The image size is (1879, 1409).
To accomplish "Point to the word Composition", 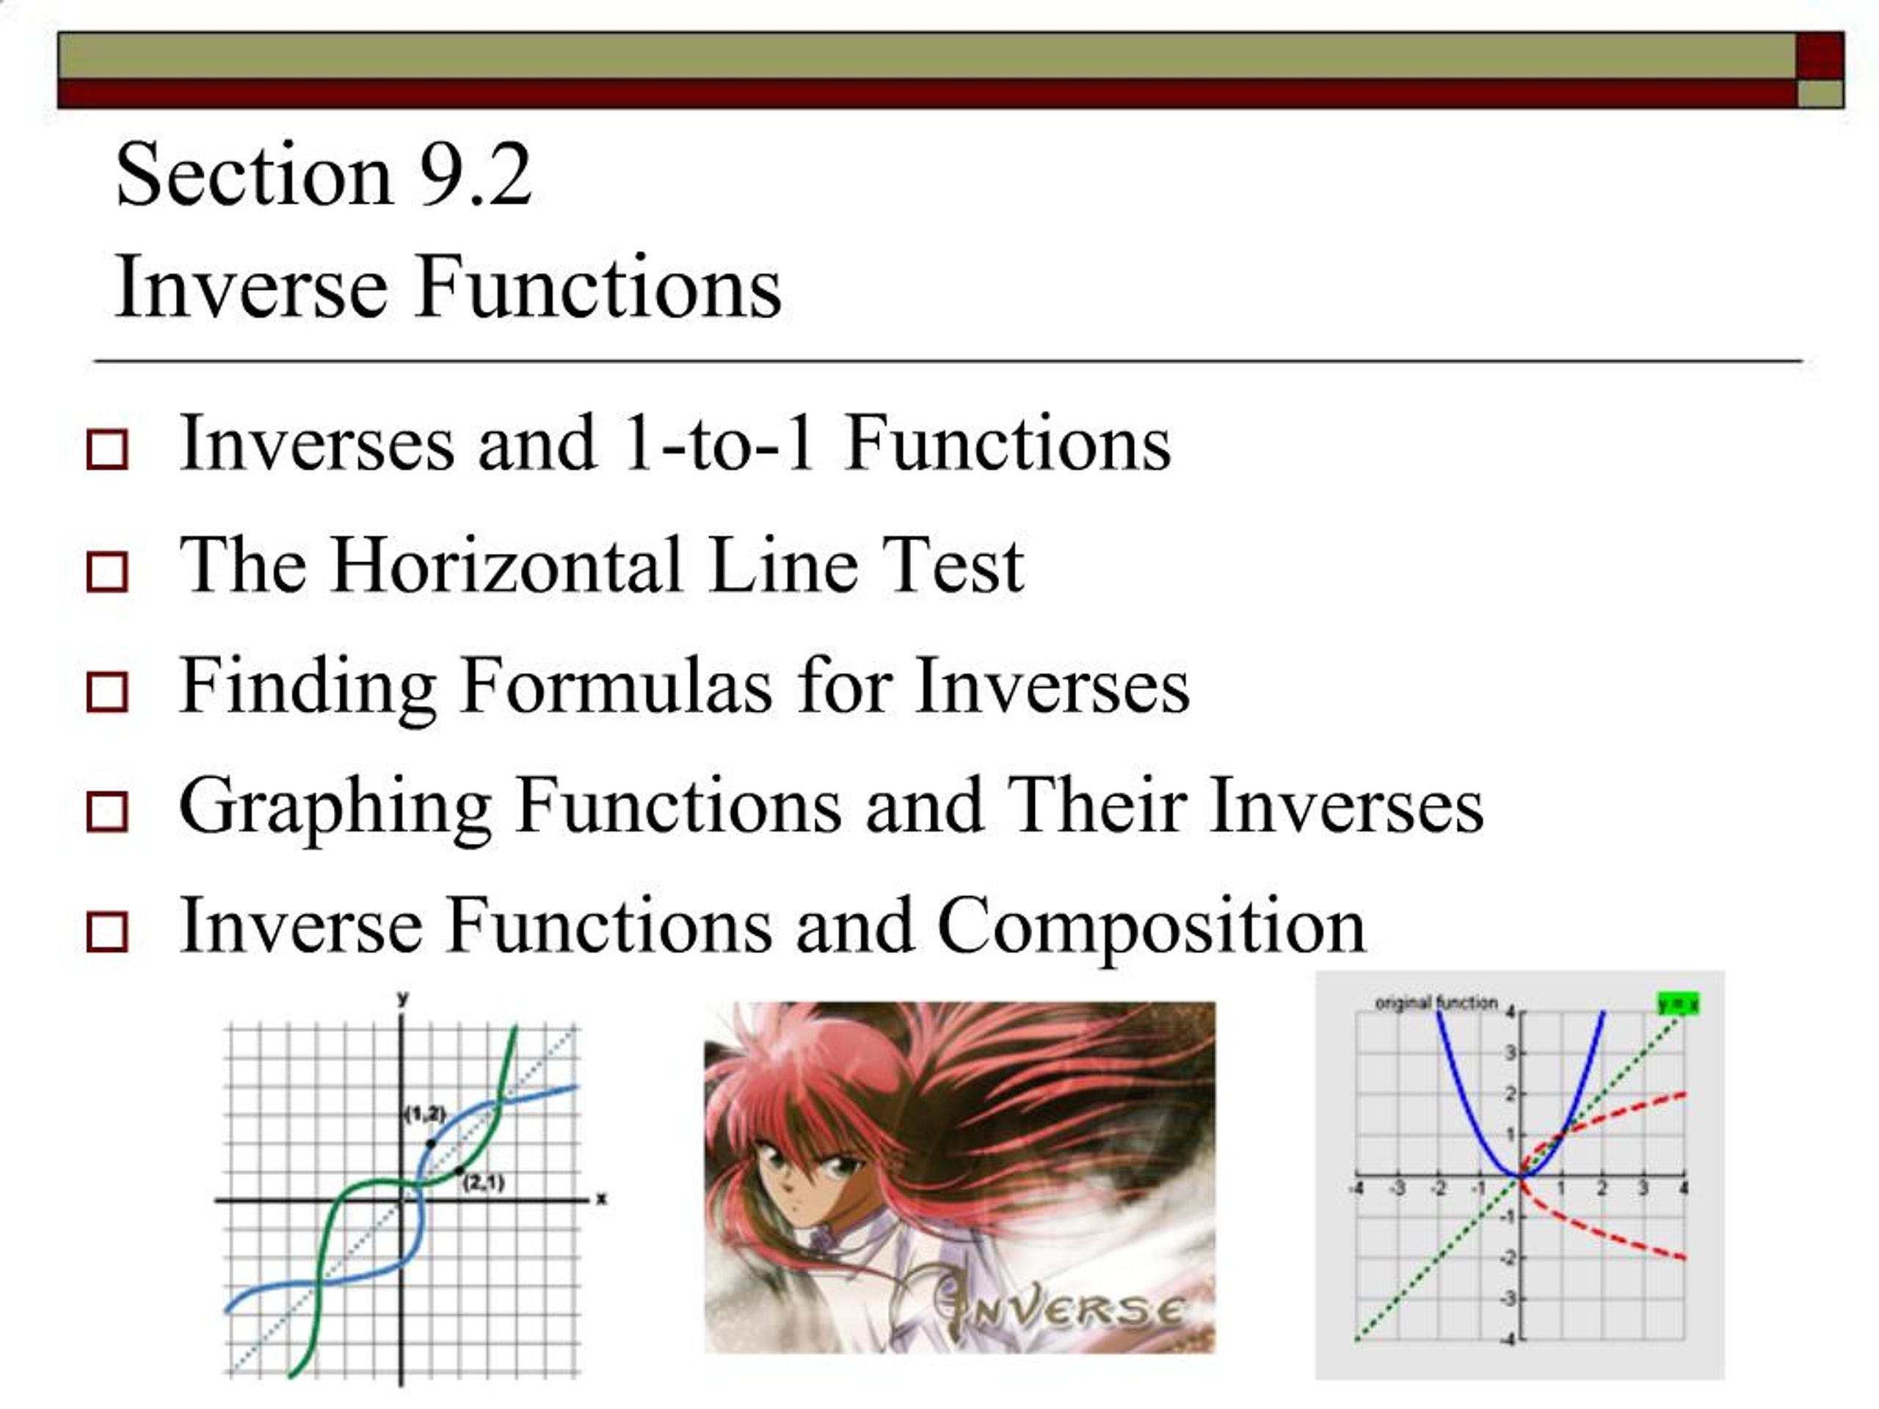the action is pos(1151,928).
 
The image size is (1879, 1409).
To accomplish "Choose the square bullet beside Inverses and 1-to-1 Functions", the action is pos(107,449).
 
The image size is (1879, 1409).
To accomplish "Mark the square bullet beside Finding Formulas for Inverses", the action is pos(107,692).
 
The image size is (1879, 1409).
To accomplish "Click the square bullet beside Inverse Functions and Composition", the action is pos(107,932).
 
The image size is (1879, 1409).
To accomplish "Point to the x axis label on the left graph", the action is pos(601,1198).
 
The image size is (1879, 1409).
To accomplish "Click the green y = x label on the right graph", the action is pos(1678,1004).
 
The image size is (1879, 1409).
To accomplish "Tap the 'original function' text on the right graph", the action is pos(1436,1002).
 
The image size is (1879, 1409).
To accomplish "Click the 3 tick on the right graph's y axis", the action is pos(1510,1053).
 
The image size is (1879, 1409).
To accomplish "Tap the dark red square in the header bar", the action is pos(1820,56).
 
